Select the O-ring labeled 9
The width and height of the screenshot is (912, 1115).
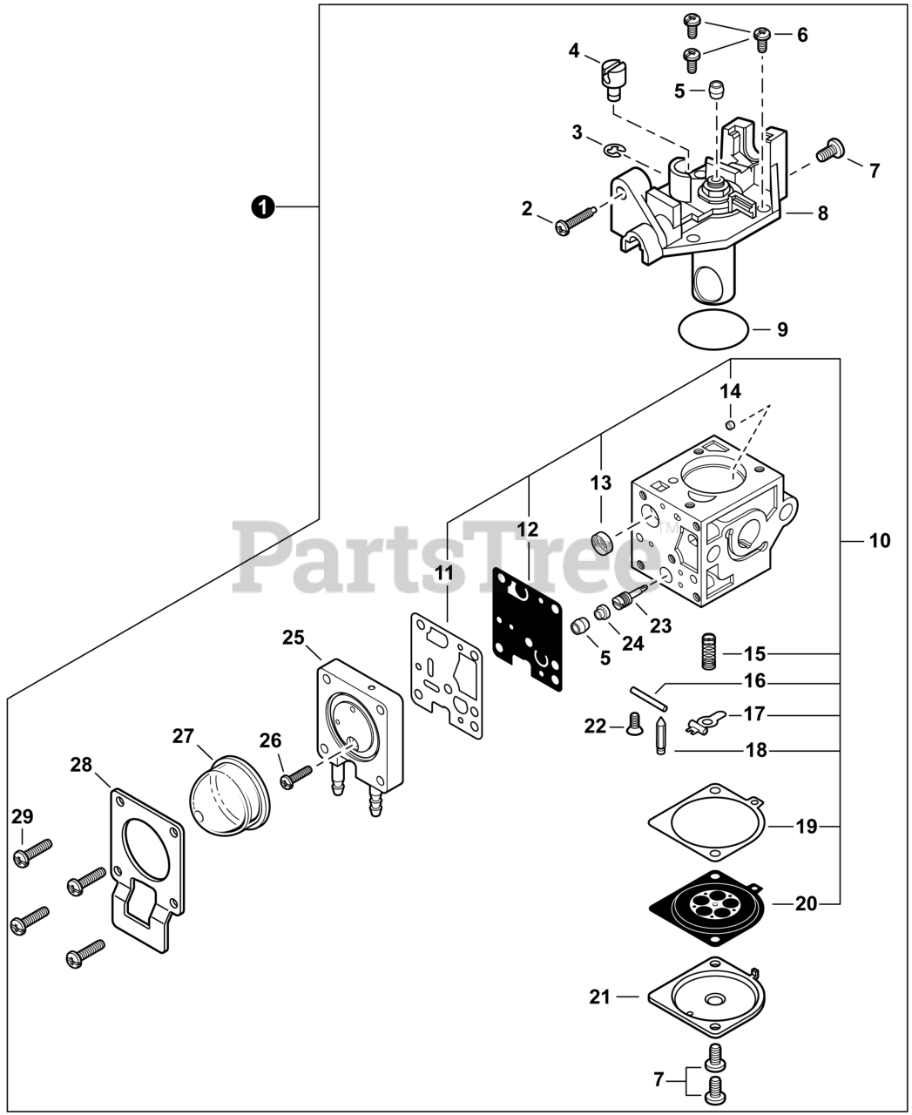[713, 329]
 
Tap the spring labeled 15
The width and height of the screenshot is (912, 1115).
[713, 652]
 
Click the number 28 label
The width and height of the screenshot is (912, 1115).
[81, 765]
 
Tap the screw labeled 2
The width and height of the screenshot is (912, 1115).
[575, 219]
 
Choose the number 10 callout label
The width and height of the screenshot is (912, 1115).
[880, 541]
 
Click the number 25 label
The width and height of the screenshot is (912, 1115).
[293, 638]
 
